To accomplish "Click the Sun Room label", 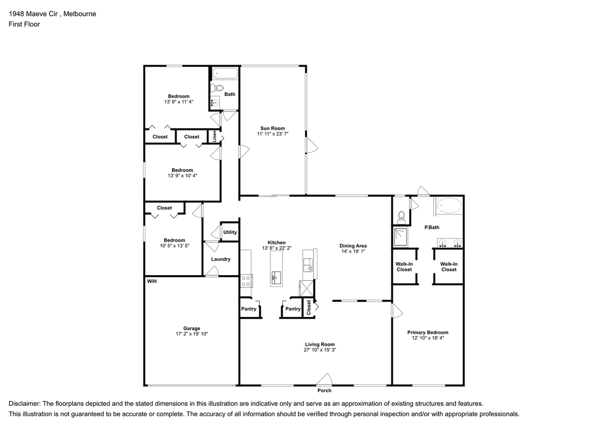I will point(272,128).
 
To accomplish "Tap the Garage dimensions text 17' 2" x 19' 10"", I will point(192,334).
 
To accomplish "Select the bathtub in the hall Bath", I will point(224,74).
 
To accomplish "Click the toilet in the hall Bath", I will point(217,88).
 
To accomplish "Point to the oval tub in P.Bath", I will point(449,206).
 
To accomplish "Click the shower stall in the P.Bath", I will point(400,237).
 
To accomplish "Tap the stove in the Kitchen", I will point(246,281).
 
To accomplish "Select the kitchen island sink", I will point(276,276).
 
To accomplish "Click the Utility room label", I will point(230,232).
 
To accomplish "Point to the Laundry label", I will point(221,259).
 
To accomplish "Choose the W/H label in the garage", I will point(152,281).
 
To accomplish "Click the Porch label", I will point(324,391).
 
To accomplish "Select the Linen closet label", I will point(215,136).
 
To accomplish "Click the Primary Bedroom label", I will point(427,333).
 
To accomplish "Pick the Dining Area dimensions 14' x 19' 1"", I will point(352,252).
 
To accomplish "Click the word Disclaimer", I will point(24,403).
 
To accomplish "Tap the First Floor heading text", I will point(24,24).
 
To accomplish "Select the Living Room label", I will point(320,344).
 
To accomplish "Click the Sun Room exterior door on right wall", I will point(311,145).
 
